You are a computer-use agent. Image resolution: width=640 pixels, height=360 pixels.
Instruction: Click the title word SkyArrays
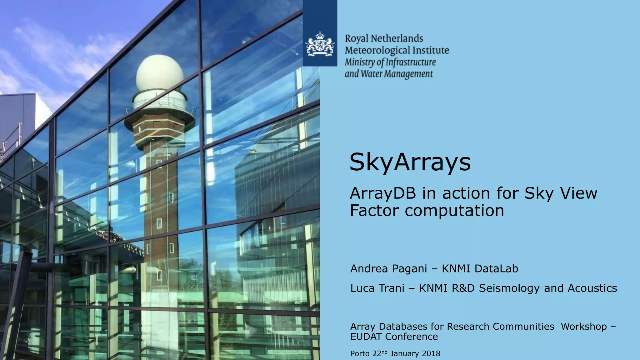coord(410,162)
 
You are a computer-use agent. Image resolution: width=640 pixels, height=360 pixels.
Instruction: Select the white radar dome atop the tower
coord(160,73)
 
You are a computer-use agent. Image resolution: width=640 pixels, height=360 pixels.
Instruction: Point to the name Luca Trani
coord(377,288)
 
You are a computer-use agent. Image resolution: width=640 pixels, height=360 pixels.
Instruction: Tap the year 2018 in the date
coord(431,353)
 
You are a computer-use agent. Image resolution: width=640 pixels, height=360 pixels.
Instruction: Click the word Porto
coord(360,353)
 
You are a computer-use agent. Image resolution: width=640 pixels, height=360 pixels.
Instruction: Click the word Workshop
coord(584,326)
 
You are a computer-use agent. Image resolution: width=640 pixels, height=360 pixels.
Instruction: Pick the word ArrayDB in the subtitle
coord(383,193)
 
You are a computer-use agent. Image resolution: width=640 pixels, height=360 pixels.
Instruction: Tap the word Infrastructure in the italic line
coord(411,62)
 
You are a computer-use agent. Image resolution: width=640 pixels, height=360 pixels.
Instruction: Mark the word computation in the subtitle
coord(455,211)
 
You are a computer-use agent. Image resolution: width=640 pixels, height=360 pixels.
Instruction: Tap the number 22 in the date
coord(377,353)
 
